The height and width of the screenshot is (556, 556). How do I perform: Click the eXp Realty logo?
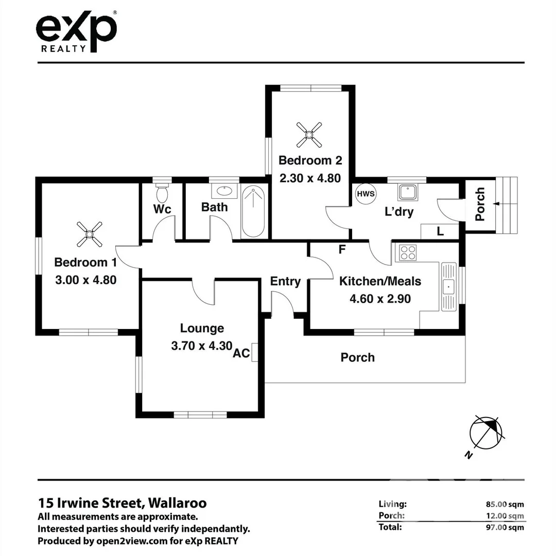pyautogui.click(x=76, y=32)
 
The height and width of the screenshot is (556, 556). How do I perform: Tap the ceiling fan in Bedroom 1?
pyautogui.click(x=90, y=234)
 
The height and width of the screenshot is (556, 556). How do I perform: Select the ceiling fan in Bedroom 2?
pyautogui.click(x=309, y=135)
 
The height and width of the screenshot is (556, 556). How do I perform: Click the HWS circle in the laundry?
pyautogui.click(x=366, y=194)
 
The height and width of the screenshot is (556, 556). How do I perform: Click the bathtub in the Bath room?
pyautogui.click(x=253, y=212)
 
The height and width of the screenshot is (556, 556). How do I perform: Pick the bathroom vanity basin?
pyautogui.click(x=224, y=191)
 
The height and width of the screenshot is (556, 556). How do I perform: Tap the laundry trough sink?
pyautogui.click(x=408, y=192)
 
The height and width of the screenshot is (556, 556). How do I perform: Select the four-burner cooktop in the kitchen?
pyautogui.click(x=407, y=252)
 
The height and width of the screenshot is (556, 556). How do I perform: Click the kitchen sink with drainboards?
pyautogui.click(x=448, y=287)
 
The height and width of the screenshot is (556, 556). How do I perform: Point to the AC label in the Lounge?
pyautogui.click(x=241, y=353)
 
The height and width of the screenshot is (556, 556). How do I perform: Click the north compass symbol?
pyautogui.click(x=486, y=433)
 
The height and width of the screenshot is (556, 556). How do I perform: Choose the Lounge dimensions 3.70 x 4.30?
pyautogui.click(x=202, y=346)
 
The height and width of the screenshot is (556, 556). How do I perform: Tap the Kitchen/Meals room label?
pyautogui.click(x=380, y=281)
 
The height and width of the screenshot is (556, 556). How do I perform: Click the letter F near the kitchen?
pyautogui.click(x=342, y=250)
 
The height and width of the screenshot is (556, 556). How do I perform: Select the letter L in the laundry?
pyautogui.click(x=440, y=232)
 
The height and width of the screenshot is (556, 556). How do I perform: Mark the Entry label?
pyautogui.click(x=285, y=282)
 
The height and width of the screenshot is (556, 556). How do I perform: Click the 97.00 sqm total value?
pyautogui.click(x=505, y=527)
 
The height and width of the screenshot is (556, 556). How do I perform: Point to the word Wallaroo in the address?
pyautogui.click(x=177, y=503)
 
